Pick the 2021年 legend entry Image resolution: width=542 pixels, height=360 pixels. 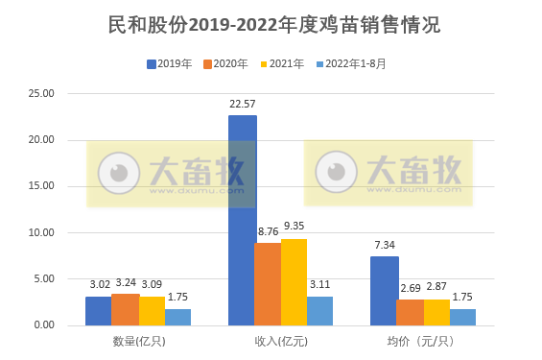point(280,64)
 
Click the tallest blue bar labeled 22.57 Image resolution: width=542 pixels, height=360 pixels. point(242,221)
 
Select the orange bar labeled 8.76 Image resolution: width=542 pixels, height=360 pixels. point(269,284)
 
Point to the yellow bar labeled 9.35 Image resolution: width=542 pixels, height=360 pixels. point(295,281)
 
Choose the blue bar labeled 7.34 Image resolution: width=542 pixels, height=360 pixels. point(385,291)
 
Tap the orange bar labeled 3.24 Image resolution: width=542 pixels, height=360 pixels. point(126,309)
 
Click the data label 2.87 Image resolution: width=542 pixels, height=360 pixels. point(437,287)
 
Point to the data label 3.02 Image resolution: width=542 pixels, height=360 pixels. point(100,284)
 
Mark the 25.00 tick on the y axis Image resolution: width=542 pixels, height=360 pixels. point(43,94)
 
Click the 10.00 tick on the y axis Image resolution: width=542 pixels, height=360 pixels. point(43,232)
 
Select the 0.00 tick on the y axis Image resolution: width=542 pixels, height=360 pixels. point(46,325)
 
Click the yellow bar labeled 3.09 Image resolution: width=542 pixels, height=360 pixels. point(152,311)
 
